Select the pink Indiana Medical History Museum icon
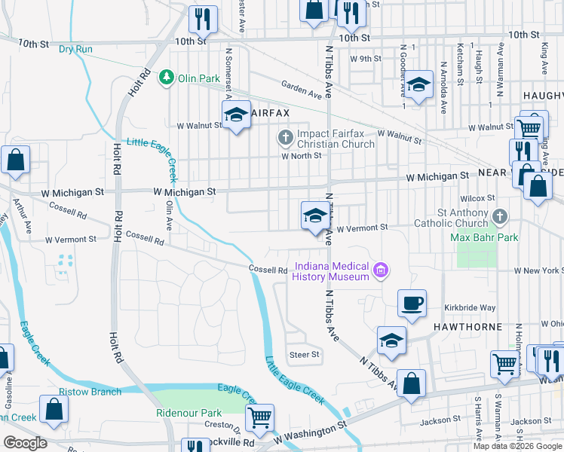click(382, 270)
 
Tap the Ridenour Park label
click(189, 413)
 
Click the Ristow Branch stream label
click(90, 392)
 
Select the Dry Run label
click(75, 49)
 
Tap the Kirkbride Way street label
click(470, 308)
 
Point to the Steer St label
click(305, 354)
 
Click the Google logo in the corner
click(25, 442)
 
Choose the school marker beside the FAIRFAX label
click(236, 115)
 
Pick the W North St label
click(302, 156)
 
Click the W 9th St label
click(365, 58)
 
